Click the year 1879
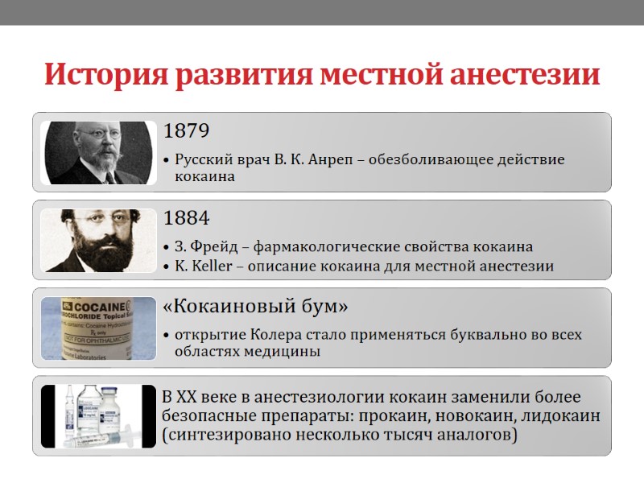coord(187,131)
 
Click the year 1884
coord(187,218)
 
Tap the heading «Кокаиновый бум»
coord(255,307)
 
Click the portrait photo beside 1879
coord(98,152)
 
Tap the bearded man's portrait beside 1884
coord(98,239)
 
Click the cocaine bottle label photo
coord(98,328)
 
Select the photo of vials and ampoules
coord(98,415)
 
